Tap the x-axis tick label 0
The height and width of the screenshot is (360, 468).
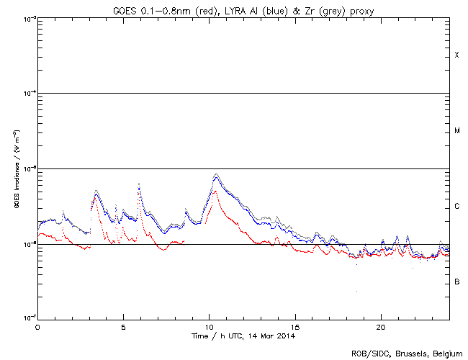pos(37,326)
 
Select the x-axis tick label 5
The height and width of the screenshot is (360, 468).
pos(123,326)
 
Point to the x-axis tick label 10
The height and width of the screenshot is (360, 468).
pos(209,326)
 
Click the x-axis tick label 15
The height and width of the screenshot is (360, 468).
pos(295,326)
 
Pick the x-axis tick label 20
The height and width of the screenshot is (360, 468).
pos(381,326)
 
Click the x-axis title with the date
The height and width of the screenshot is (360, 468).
pos(243,336)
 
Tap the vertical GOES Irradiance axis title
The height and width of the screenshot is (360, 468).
pos(15,169)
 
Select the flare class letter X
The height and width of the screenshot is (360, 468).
pos(456,55)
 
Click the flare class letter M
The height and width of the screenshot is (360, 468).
pos(456,131)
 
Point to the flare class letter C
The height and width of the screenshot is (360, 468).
pos(456,207)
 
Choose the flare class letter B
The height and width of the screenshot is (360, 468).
pos(456,282)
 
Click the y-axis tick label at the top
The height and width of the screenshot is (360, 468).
pos(27,18)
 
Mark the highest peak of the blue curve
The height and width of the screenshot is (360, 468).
pos(216,175)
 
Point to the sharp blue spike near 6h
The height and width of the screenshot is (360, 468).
pos(138,184)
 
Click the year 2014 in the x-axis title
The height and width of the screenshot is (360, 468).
pos(286,336)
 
